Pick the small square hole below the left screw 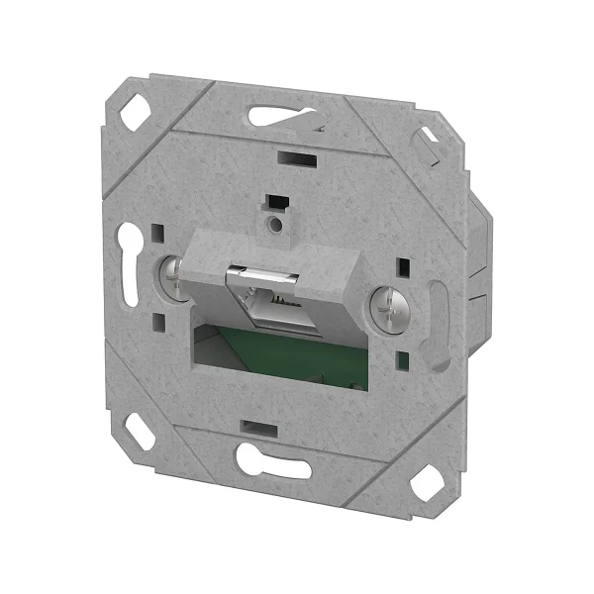click(x=158, y=320)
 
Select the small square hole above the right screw click(x=403, y=268)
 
